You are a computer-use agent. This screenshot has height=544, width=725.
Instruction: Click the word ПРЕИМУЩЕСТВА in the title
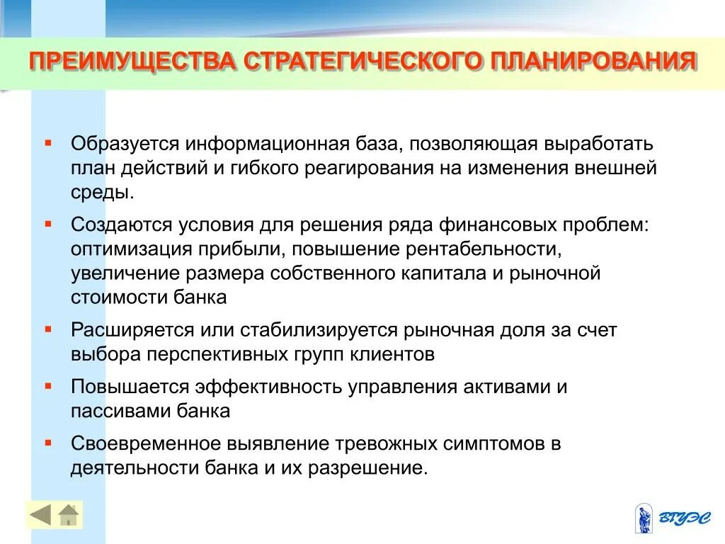tap(131, 61)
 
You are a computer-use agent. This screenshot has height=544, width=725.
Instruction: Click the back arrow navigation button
tap(40, 515)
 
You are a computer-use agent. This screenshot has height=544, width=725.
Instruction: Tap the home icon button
tap(69, 515)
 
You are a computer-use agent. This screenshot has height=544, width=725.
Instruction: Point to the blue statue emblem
tap(644, 518)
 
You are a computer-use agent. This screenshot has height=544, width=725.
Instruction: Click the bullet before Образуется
tap(48, 142)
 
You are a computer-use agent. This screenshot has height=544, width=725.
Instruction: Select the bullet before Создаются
tap(48, 223)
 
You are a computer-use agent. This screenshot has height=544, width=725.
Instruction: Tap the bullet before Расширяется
tap(48, 329)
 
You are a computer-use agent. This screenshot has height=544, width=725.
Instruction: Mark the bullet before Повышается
tap(48, 386)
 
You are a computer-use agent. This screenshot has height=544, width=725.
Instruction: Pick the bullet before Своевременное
tap(48, 443)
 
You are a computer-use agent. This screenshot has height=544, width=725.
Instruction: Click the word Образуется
tap(123, 144)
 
